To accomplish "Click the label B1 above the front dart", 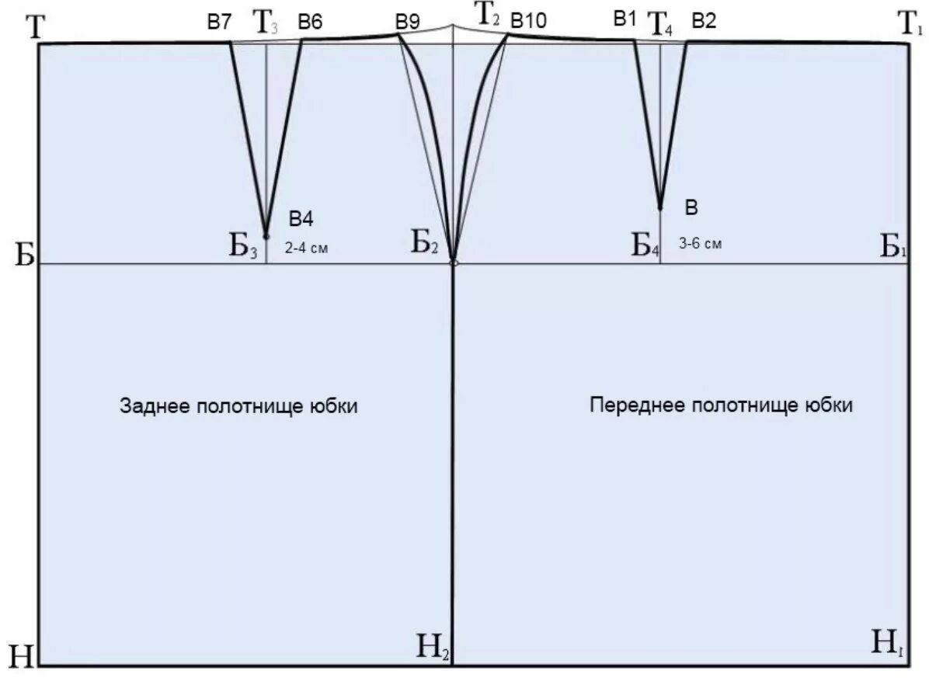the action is pos(625,19).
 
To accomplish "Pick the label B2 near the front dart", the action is pos(703,21).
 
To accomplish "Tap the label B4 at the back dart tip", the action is pos(301,219).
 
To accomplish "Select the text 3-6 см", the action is pos(701,243).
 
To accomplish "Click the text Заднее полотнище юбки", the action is pos(238,406).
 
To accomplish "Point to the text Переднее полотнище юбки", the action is pos(721,405).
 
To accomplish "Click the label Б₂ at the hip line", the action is pos(425,245).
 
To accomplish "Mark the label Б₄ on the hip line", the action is pos(645,246).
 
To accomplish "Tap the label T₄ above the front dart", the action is pos(660,25).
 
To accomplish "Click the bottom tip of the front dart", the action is pos(660,207).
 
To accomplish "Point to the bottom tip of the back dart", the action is pos(266,235).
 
